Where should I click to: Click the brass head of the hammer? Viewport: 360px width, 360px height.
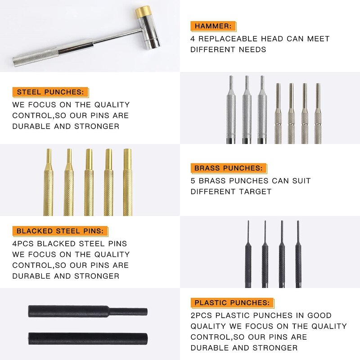tap(144, 12)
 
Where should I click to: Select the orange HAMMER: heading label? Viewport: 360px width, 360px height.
tap(213, 26)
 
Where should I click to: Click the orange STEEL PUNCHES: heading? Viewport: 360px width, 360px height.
tap(50, 92)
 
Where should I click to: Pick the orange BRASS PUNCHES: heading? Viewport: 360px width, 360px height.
tap(228, 168)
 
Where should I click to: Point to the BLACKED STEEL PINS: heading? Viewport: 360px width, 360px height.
tap(60, 231)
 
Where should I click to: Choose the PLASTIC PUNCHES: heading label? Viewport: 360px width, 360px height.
tap(232, 303)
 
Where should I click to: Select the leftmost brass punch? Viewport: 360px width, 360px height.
tap(48, 184)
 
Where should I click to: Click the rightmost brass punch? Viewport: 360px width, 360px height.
tap(127, 184)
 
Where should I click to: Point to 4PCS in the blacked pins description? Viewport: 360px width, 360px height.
tap(24, 243)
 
